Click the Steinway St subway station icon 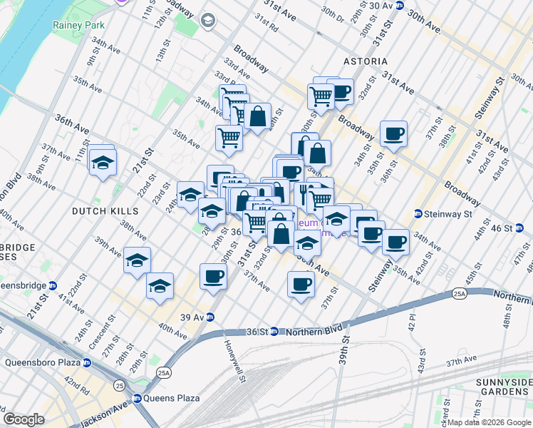[419, 213]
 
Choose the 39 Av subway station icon [210, 317]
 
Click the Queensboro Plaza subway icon [86, 362]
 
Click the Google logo [24, 419]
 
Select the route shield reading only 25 [119, 386]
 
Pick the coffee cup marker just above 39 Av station [212, 275]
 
